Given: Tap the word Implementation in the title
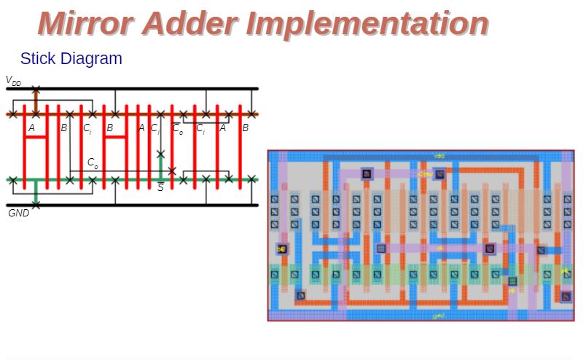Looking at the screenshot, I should (x=368, y=23).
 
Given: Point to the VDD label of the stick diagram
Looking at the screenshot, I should (x=13, y=81).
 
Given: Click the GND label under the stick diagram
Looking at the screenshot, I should (x=18, y=213).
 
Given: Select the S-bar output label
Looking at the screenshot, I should (x=160, y=187).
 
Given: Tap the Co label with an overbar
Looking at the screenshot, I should (x=178, y=129).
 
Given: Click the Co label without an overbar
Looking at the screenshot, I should (x=93, y=163).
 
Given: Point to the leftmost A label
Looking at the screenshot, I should (x=31, y=128).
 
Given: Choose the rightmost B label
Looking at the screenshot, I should (x=245, y=128).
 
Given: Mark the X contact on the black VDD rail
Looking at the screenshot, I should (x=35, y=89).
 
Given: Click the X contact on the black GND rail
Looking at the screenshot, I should (x=35, y=205).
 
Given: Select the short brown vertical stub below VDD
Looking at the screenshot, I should (x=35, y=101).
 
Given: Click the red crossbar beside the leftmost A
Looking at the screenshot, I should (x=36, y=137).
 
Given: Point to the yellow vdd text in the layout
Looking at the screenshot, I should (x=439, y=156).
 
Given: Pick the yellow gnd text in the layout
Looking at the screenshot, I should (x=437, y=316).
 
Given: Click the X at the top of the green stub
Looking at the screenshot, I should (x=160, y=154).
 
